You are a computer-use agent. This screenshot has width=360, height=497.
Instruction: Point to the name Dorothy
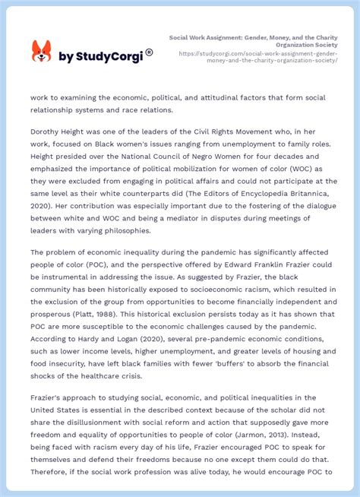click(49, 131)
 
